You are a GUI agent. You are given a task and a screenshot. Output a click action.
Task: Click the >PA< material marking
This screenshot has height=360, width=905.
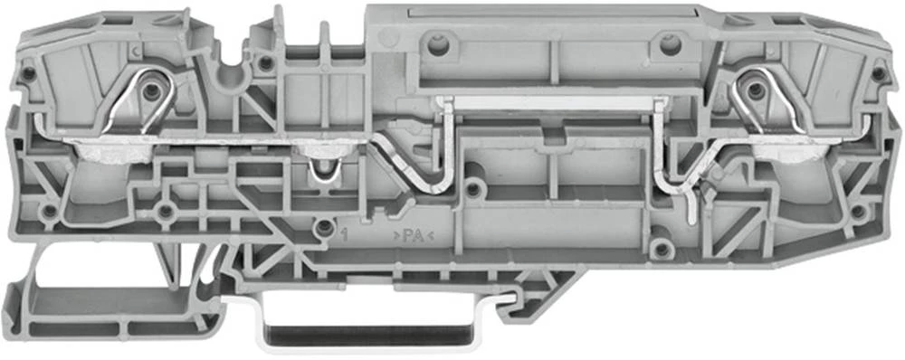[414, 235]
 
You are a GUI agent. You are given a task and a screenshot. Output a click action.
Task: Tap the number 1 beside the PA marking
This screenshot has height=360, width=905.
[345, 235]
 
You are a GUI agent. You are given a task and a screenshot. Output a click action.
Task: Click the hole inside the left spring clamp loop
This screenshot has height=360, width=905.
[152, 90]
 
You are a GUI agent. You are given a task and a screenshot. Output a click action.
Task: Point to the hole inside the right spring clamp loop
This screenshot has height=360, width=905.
[755, 90]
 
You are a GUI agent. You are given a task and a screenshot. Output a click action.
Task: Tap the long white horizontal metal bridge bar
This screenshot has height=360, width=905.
[552, 103]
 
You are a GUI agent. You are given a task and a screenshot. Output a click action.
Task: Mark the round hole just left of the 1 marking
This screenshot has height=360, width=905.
[324, 228]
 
